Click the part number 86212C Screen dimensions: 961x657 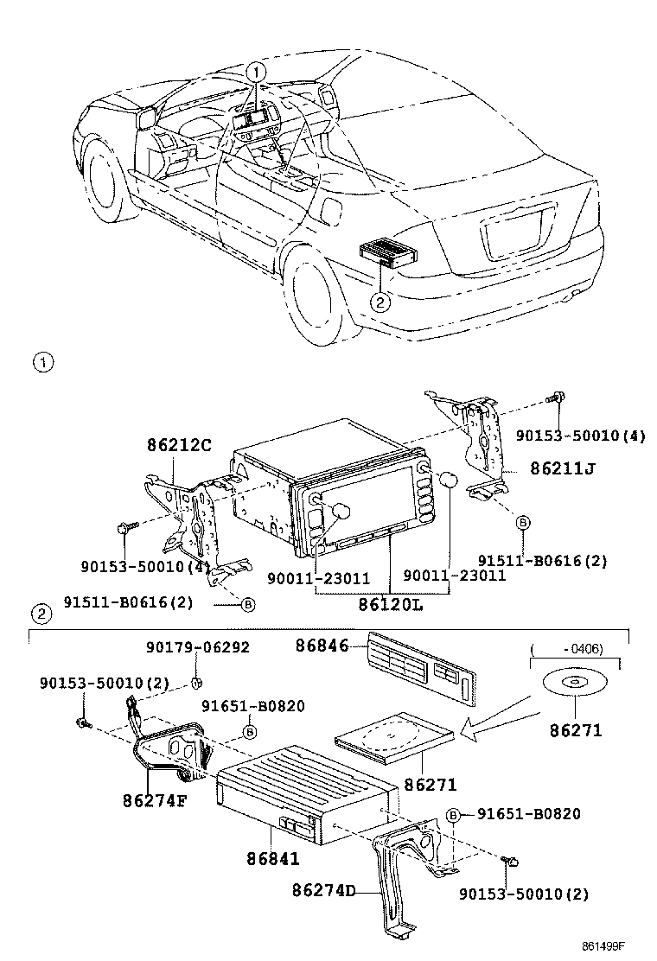pos(177,446)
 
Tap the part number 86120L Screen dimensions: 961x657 pos(391,604)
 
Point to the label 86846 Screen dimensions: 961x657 pos(322,644)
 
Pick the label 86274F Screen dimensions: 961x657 pos(155,799)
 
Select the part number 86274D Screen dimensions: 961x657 pos(324,889)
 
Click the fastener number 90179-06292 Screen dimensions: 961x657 pos(196,646)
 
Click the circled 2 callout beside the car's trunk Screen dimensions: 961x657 pos(379,302)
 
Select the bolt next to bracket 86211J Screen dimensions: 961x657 pos(555,399)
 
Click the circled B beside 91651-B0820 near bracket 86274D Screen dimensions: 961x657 pos(452,814)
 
